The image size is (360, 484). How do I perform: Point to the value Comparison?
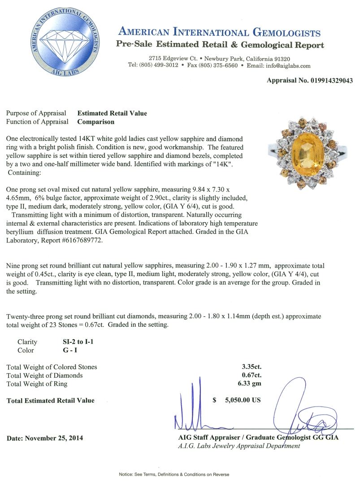pos(96,121)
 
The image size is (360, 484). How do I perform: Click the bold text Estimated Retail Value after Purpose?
pos(112,113)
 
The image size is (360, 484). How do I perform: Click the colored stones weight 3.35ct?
pos(251,367)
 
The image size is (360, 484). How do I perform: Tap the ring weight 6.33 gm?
pos(250,384)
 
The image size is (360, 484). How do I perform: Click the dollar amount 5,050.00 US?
pos(243,400)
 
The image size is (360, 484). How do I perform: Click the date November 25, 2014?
pos(45,438)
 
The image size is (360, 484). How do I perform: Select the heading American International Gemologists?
pos(219,33)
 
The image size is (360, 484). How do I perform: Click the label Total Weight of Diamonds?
pos(45,376)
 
